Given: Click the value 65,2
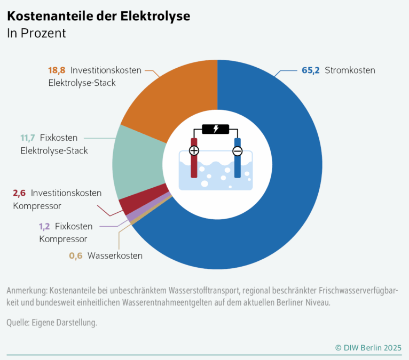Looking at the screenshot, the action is click(x=310, y=70).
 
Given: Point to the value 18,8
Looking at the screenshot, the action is click(x=57, y=70).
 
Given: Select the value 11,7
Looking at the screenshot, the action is click(x=28, y=138).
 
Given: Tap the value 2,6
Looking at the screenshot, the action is click(x=19, y=193).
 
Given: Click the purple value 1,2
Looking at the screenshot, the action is click(x=44, y=226).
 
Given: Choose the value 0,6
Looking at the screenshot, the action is click(x=76, y=256).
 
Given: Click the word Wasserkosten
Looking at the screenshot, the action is click(x=115, y=256).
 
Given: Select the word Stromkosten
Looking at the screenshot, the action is click(x=350, y=70).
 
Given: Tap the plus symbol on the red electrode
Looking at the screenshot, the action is click(x=194, y=150).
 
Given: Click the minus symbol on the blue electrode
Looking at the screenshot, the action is click(x=238, y=151).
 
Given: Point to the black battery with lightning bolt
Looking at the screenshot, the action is click(x=216, y=129).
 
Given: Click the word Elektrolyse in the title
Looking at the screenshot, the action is click(x=155, y=16).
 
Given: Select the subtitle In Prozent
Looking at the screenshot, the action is click(x=36, y=34).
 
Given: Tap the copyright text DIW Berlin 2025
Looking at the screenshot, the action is click(x=368, y=348).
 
